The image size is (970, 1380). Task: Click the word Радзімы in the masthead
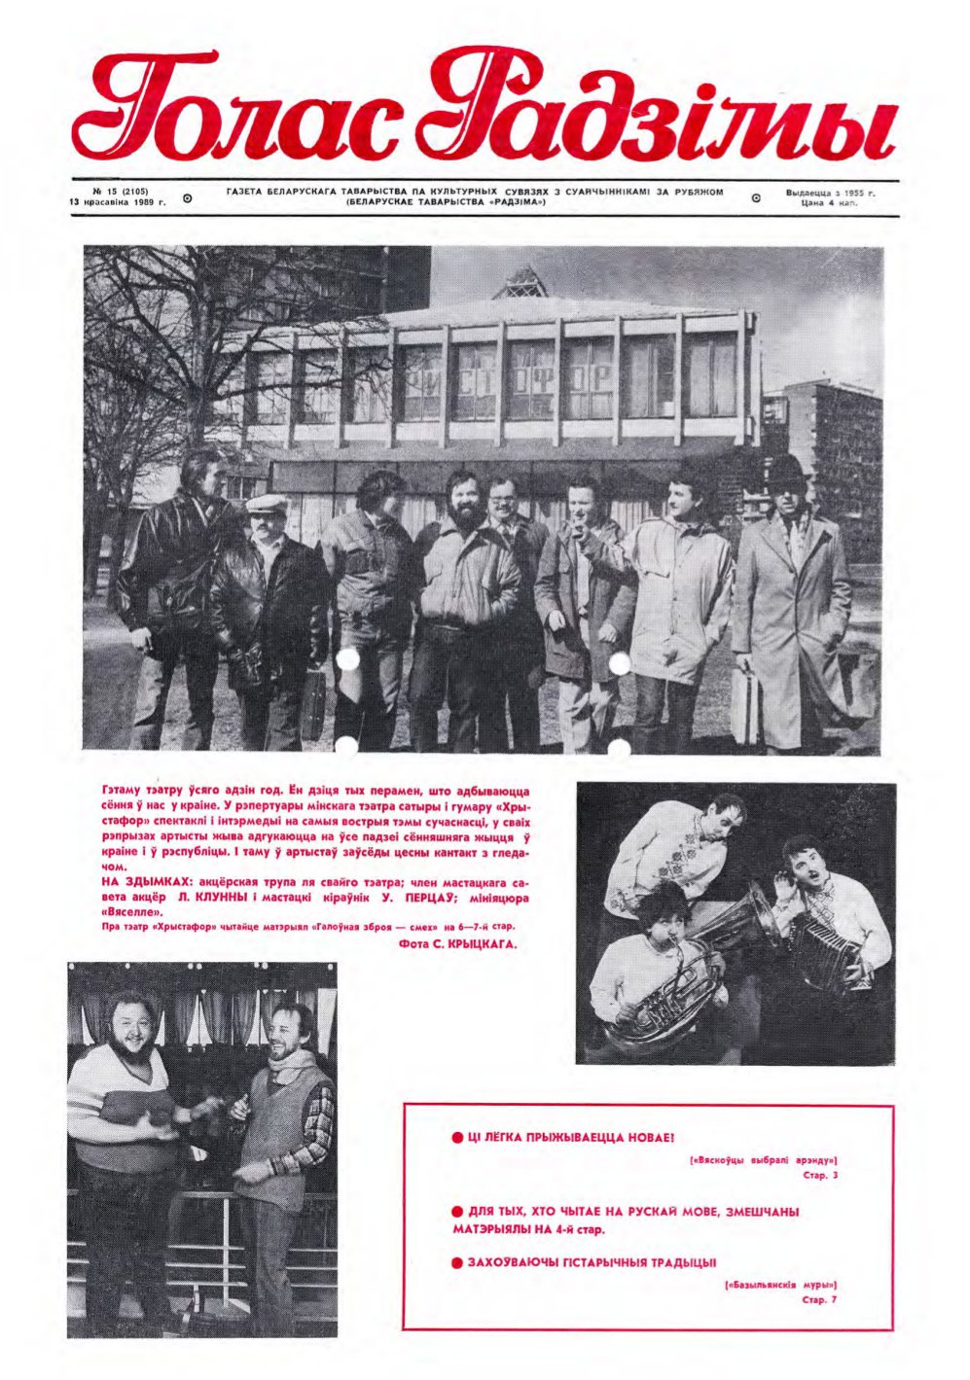click(671, 115)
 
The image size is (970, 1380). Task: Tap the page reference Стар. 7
click(820, 1298)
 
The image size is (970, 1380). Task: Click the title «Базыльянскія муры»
click(780, 1285)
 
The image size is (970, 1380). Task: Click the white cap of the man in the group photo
click(267, 503)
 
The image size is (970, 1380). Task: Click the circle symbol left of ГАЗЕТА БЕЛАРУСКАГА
click(188, 197)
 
